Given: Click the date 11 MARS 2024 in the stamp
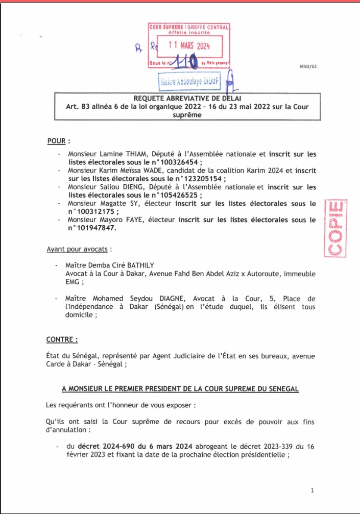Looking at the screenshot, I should [x=189, y=45].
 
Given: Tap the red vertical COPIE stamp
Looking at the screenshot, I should [x=335, y=228].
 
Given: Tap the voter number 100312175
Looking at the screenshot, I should [x=92, y=211].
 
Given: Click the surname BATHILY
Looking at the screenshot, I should [x=137, y=265].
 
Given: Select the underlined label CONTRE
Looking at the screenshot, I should [x=61, y=339].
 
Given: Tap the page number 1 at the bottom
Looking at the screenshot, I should [x=312, y=491].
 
